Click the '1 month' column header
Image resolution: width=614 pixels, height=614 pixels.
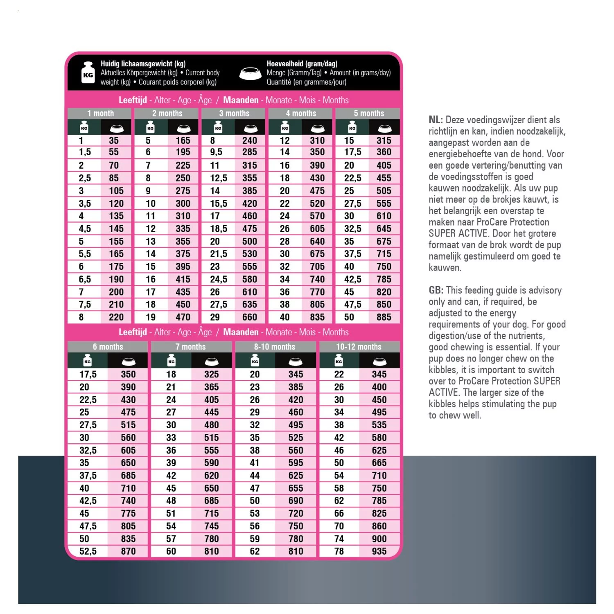[x=100, y=113]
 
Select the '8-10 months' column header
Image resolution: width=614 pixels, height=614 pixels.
[x=274, y=347]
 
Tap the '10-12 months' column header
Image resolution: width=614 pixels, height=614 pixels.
[x=359, y=347]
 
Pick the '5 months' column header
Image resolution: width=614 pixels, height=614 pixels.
[x=369, y=113]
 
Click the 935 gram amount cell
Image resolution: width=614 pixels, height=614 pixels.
[x=379, y=551]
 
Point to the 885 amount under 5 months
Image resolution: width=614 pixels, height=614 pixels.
[x=384, y=317]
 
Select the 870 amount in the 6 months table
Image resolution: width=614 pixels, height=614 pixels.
[x=128, y=551]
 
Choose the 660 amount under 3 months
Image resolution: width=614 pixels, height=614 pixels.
[x=249, y=317]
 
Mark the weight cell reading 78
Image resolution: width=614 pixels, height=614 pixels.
[x=339, y=551]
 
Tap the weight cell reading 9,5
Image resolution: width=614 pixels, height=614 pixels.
[x=216, y=152]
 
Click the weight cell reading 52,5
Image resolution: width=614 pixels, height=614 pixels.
[x=88, y=551]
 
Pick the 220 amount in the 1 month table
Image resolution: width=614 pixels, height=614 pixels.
[x=116, y=317]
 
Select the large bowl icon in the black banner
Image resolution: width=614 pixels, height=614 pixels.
[x=251, y=74]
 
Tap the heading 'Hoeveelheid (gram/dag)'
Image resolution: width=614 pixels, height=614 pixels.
[x=302, y=63]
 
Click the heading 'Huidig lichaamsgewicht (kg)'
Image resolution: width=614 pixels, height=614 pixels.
[x=143, y=63]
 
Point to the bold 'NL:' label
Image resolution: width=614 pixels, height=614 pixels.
[x=436, y=120]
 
